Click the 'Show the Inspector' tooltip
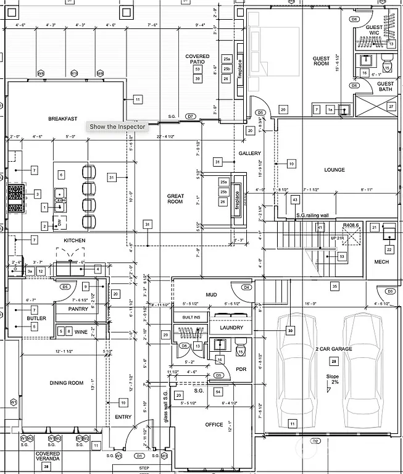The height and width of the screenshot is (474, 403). [x=117, y=127]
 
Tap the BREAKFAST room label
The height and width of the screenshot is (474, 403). [x=62, y=118]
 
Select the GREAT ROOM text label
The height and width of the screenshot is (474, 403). [x=175, y=198]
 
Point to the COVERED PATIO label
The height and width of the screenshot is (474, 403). [x=197, y=59]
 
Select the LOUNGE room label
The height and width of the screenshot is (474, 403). [x=334, y=170]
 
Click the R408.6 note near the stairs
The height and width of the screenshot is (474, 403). [x=351, y=226]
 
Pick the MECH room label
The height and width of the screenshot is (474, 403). [x=381, y=262]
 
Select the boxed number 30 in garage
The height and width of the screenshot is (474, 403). [x=290, y=331]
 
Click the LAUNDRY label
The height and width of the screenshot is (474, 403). [x=231, y=328]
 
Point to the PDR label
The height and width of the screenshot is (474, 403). [x=241, y=369]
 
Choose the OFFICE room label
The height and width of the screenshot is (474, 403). [x=214, y=425]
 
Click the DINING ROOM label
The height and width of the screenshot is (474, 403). [x=66, y=383]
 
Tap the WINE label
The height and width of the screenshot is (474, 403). [x=81, y=332]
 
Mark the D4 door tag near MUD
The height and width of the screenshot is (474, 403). [x=246, y=287]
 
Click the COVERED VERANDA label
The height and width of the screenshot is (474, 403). [x=48, y=457]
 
